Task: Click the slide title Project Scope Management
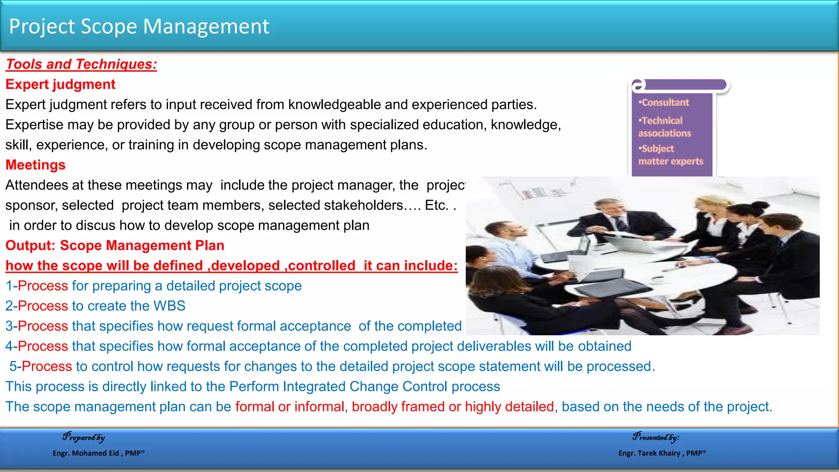click(x=139, y=27)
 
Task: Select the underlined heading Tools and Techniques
click(x=81, y=64)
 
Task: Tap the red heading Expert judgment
click(x=60, y=84)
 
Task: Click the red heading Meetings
click(x=35, y=165)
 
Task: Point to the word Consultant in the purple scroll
click(x=665, y=103)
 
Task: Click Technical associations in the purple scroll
click(x=664, y=127)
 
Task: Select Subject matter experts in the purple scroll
click(x=670, y=155)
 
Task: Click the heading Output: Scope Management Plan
click(x=115, y=245)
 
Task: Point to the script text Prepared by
click(x=84, y=437)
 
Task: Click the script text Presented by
click(x=655, y=437)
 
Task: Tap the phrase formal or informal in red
click(x=290, y=407)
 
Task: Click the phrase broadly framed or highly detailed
click(x=453, y=407)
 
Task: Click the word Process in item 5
click(x=47, y=366)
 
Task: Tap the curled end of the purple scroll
click(x=638, y=85)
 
